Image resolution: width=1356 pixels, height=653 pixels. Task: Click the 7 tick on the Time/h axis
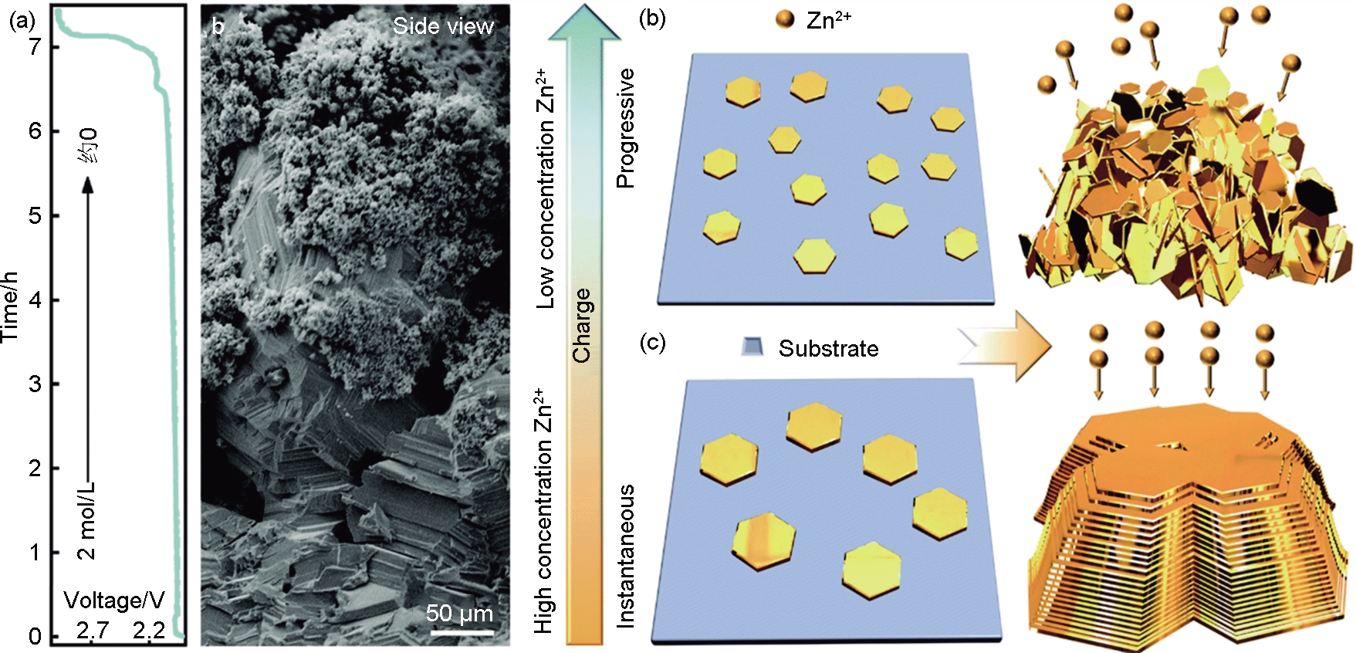coord(35,47)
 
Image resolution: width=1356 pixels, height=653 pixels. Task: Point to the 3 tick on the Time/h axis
coord(35,384)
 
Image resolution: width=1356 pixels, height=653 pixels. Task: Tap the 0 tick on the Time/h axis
coord(35,637)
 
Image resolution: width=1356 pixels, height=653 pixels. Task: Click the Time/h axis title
coord(10,307)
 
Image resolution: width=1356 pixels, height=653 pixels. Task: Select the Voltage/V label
coord(113,601)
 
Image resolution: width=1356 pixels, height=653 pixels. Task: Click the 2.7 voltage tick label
coord(93,631)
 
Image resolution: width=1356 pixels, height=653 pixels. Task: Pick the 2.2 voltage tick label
coord(149,631)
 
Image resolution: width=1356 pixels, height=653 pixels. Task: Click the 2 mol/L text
coord(86,521)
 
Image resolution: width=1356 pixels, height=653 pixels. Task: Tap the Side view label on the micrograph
coord(443,26)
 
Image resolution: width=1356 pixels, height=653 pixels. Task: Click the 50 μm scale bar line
coord(462,633)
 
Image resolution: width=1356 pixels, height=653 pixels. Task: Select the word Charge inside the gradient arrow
coord(582,325)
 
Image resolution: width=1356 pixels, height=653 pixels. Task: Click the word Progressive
coord(625,128)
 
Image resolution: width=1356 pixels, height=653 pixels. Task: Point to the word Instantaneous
coord(625,556)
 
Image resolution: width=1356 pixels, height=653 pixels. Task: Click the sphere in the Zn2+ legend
coord(785,19)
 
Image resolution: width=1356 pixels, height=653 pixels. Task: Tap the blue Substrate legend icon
coord(752,347)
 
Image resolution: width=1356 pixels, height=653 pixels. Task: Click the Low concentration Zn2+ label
coord(546,189)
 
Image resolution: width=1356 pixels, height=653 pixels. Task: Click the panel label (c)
coord(652,341)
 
